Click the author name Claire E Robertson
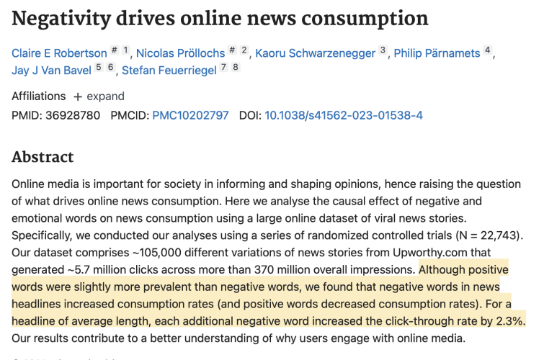click(58, 53)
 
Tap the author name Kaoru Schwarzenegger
click(316, 53)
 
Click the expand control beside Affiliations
click(98, 96)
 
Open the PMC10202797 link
click(190, 115)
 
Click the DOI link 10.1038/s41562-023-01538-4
click(344, 115)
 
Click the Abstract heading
click(43, 157)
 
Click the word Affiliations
click(38, 96)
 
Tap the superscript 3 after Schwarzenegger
click(383, 50)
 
